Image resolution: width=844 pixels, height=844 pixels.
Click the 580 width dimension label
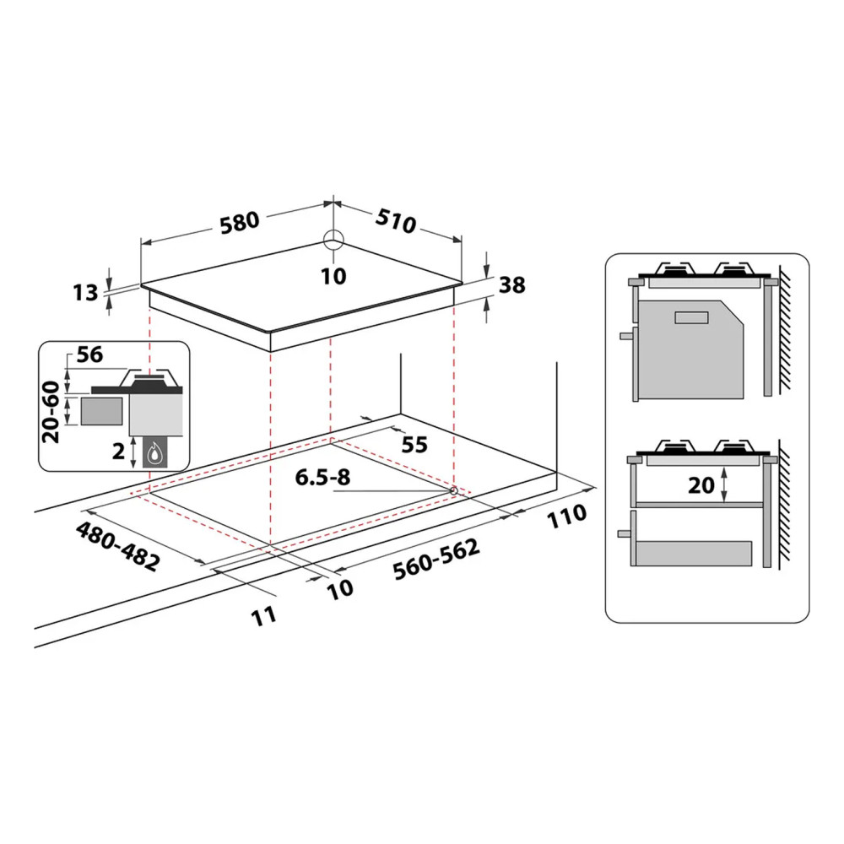pos(238,224)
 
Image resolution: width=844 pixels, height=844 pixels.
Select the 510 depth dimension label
pos(398,222)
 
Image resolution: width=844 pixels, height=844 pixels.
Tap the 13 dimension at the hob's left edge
pos(87,292)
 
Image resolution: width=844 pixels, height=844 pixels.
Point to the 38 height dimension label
pos(511,285)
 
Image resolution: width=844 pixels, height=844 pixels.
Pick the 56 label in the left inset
pos(89,355)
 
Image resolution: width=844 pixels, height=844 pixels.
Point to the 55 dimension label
pos(414,444)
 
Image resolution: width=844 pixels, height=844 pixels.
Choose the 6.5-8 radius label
pos(322,477)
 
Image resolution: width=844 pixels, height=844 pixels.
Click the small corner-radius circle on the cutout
pos(453,490)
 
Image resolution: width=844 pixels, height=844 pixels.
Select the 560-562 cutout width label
pos(436,559)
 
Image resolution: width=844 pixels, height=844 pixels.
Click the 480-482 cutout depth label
pos(118,547)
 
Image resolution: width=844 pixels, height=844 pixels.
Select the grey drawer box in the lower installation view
pos(692,554)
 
